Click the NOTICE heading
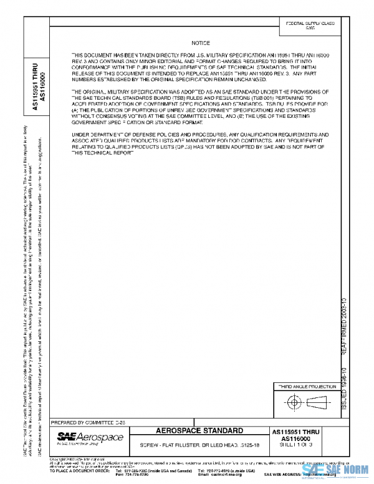tap(201, 42)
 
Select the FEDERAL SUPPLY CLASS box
tap(310, 26)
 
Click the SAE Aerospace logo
tap(90, 437)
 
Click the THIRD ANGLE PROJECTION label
tap(301, 387)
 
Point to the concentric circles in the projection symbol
tap(293, 403)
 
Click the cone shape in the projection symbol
tap(318, 403)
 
